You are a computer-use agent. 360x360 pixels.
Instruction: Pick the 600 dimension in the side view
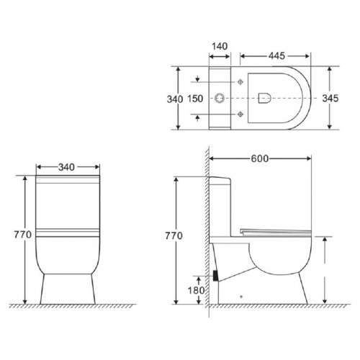click(x=261, y=160)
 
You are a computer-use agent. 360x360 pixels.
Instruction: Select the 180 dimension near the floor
click(x=191, y=289)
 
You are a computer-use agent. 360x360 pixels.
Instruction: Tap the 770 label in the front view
click(x=15, y=234)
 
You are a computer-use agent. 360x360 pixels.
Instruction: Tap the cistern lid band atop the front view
click(x=66, y=182)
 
